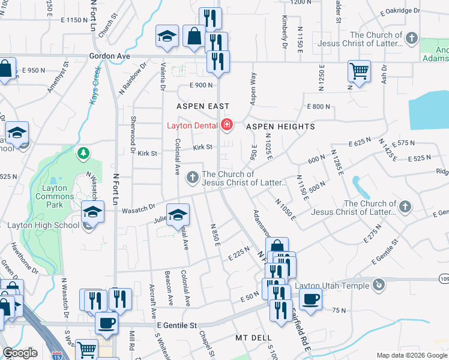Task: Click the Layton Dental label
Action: point(192,125)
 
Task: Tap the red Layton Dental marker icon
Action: point(226,125)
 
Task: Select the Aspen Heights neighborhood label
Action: point(280,127)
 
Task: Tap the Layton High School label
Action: point(43,226)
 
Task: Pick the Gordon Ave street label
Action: point(109,56)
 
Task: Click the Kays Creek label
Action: point(96,86)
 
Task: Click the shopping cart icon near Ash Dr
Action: point(359,71)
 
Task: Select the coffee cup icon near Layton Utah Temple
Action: point(310,298)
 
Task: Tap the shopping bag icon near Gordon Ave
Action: point(194,36)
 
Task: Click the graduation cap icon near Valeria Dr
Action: point(167,36)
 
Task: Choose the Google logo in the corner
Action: point(20,353)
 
